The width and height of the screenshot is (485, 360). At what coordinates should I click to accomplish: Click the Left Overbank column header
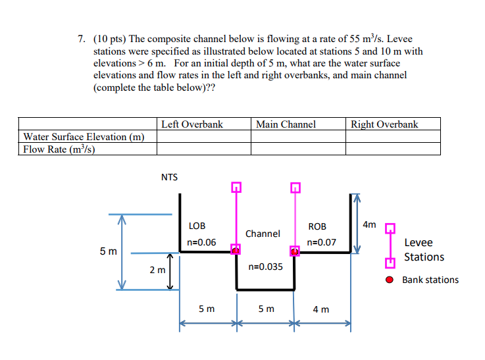192,124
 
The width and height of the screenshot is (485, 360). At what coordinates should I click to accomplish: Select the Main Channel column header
286,124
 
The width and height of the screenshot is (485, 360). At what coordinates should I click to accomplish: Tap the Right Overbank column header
384,124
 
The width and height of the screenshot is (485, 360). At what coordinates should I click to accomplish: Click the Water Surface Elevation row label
84,137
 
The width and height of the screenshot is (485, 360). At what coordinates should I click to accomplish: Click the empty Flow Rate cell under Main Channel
298,149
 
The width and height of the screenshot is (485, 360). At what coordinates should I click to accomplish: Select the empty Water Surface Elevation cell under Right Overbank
393,137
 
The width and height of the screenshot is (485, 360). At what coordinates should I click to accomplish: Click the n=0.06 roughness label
201,242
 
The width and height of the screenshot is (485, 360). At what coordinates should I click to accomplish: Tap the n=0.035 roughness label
265,267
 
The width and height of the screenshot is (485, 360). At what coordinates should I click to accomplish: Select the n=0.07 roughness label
322,242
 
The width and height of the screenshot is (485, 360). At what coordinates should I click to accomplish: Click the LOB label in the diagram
197,226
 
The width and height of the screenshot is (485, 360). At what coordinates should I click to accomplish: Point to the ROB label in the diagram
317,226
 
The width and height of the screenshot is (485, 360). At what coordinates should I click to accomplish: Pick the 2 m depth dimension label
157,270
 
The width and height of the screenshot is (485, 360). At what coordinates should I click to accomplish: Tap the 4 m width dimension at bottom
321,309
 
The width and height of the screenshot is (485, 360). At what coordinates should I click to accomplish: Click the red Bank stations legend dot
390,280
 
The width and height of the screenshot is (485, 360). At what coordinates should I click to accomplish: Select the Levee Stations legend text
424,250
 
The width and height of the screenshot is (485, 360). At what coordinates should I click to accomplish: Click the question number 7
80,39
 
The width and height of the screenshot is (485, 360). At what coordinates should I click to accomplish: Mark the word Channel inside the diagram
263,234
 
